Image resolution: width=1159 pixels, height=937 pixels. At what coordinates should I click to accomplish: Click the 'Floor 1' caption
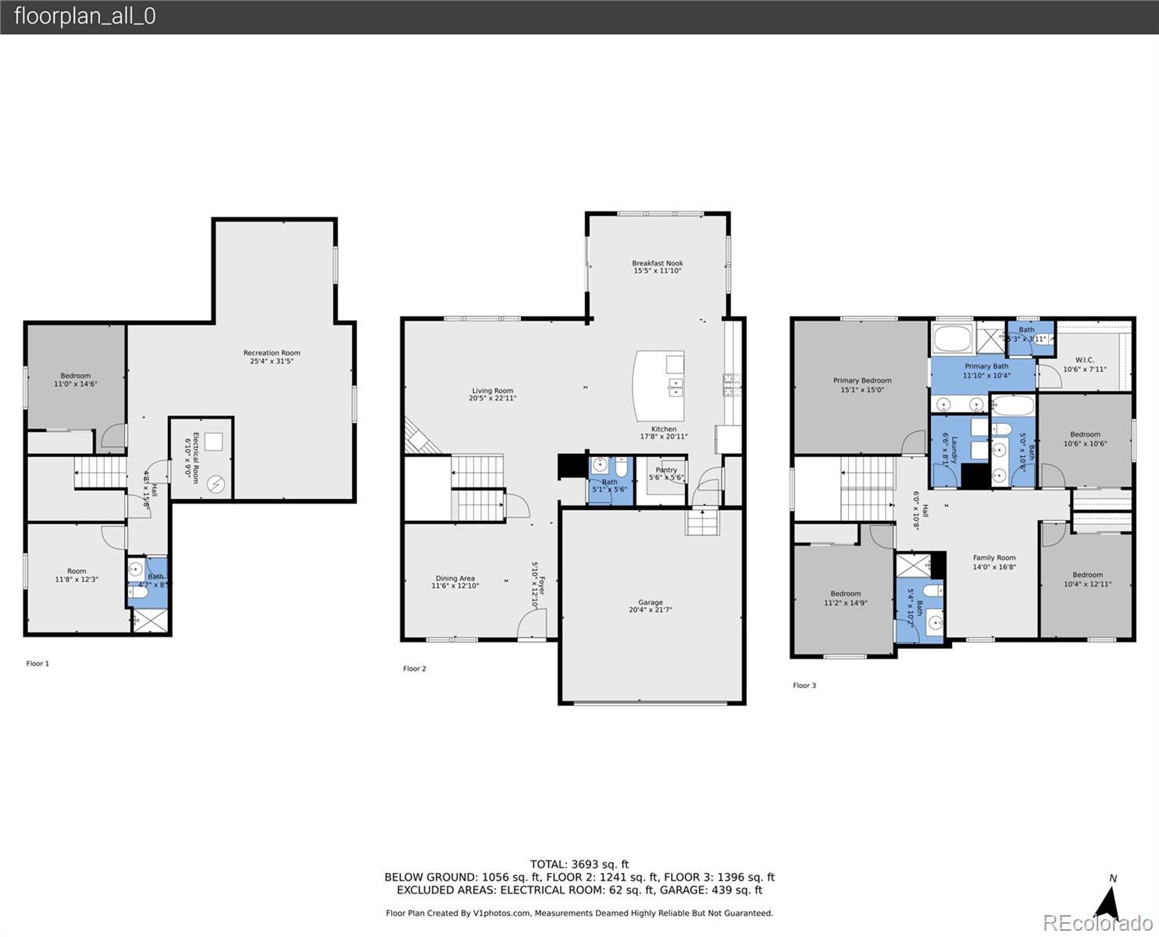coord(37,664)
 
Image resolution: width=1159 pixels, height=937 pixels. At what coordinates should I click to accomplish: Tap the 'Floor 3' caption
coord(804,686)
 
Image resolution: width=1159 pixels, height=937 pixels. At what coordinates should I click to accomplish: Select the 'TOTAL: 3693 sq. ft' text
coord(579,864)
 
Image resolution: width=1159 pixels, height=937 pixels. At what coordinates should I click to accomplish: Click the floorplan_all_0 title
coord(84,16)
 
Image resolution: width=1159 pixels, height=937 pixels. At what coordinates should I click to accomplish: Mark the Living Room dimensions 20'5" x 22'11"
coord(492,398)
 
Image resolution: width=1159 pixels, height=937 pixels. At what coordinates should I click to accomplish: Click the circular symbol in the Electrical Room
coord(216,485)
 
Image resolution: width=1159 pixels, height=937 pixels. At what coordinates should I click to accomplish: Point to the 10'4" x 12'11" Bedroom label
coord(1087,579)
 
